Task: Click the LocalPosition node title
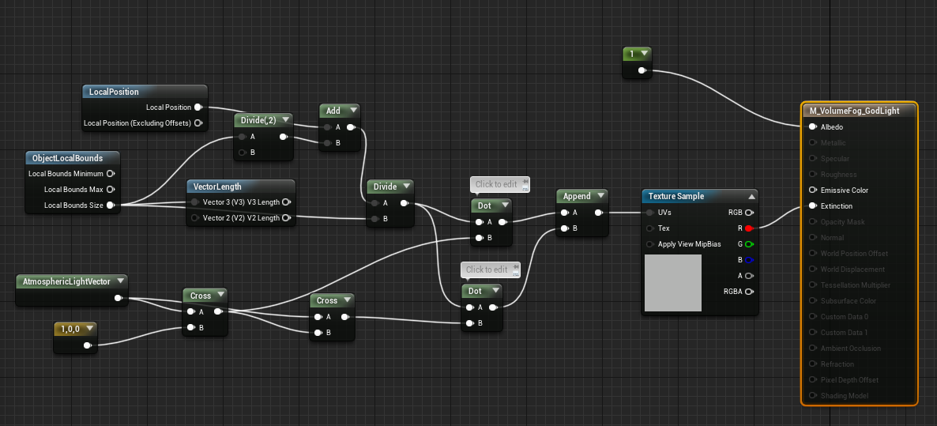(115, 92)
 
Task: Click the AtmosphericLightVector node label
(66, 281)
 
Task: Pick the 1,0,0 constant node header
(71, 328)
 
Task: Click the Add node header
(333, 111)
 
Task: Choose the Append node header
(577, 196)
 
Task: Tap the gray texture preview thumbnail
(672, 283)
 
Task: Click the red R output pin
(748, 228)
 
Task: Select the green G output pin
(748, 244)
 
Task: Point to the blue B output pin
(748, 260)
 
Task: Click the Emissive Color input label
(844, 190)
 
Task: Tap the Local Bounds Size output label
(74, 205)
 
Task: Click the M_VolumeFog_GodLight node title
(854, 111)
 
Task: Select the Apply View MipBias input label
(689, 244)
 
